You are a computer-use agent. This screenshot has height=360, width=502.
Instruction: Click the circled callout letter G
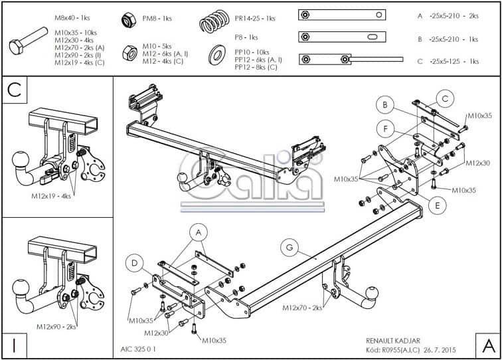pos(290,248)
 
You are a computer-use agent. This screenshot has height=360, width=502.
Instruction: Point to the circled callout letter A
pos(197,232)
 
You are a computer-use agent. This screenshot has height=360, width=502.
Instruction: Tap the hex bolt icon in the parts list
pos(25,46)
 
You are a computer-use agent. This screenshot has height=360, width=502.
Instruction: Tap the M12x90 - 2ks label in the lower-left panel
pos(58,327)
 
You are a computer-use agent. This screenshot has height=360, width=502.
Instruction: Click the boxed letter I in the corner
pos(14,346)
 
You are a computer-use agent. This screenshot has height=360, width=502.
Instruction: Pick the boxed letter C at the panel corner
pos(14,90)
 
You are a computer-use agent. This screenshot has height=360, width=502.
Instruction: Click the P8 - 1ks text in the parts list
pos(245,38)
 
